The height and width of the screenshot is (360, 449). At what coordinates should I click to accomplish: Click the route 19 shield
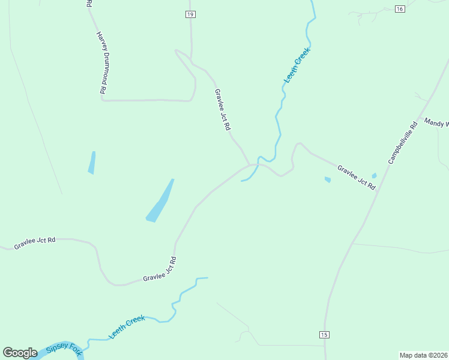190,14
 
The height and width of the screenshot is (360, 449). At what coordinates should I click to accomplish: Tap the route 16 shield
400,8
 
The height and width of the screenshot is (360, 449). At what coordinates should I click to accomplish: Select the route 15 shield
325,334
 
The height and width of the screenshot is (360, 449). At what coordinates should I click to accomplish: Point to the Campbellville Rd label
402,143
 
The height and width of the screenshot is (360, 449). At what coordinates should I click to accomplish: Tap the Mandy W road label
436,123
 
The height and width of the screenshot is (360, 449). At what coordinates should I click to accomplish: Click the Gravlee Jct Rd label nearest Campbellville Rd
356,178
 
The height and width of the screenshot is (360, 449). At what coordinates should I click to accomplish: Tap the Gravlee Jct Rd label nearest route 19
223,111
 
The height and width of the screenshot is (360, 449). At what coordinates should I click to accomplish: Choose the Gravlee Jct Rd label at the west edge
35,242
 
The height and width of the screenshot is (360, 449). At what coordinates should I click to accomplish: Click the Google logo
20,353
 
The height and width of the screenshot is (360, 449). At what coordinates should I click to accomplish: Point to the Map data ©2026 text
424,355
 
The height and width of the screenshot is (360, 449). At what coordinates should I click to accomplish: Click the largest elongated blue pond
160,202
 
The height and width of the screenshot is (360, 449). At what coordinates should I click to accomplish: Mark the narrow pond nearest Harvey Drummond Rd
92,163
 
